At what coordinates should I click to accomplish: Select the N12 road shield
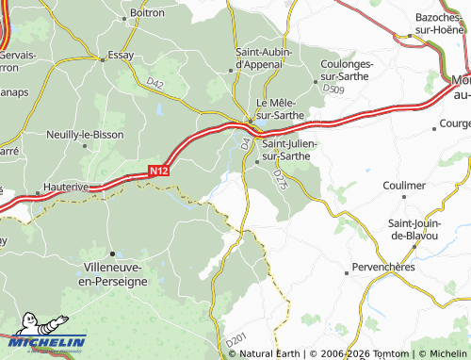click(x=158, y=171)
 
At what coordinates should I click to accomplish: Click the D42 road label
click(x=155, y=85)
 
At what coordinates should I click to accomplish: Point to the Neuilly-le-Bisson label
click(x=86, y=135)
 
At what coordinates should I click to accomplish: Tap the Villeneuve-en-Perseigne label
click(x=113, y=274)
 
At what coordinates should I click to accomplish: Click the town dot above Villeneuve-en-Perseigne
click(x=113, y=253)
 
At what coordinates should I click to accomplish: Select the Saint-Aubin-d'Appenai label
click(x=263, y=57)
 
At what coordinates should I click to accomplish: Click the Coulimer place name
click(x=404, y=186)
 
